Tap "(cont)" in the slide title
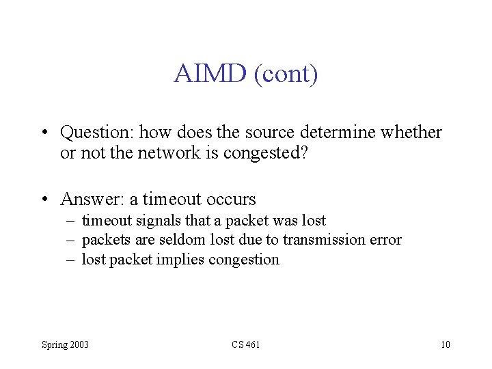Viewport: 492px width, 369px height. [286, 73]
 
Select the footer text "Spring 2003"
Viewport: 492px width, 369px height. [65, 344]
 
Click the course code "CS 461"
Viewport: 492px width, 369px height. [245, 344]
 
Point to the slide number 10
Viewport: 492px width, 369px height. [445, 344]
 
